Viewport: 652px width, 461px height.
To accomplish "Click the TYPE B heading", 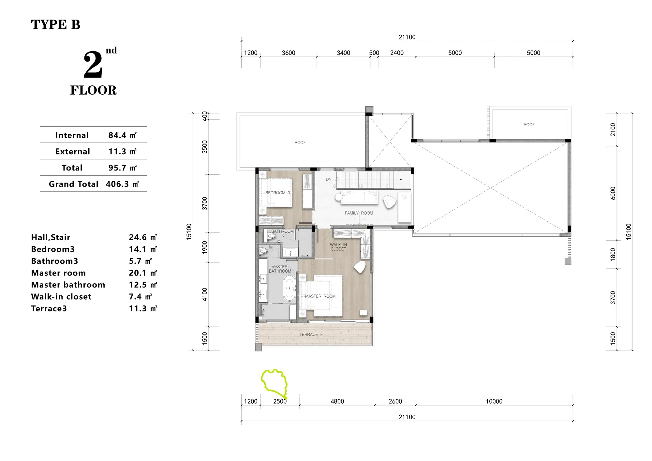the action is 56,25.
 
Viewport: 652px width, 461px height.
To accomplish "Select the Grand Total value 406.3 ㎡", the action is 123,184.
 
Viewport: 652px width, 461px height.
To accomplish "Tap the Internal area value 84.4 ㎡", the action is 123,135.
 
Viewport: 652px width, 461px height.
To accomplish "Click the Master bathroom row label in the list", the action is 68,285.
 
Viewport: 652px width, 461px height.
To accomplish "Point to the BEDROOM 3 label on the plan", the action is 277,193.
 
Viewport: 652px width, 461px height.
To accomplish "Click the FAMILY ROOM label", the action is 359,213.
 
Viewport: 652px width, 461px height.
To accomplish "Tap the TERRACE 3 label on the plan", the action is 311,335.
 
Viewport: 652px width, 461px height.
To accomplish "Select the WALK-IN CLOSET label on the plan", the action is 338,247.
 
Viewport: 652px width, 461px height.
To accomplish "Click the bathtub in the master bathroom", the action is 289,288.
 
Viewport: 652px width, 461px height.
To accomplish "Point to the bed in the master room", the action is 321,295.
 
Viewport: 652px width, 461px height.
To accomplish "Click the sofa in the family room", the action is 359,198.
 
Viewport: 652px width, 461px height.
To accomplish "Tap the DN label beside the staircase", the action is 329,179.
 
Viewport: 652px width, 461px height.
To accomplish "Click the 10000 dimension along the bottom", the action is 494,401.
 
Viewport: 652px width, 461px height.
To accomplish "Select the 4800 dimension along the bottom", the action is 337,401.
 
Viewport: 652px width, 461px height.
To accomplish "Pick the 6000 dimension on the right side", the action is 613,193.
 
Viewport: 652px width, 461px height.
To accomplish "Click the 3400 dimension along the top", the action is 343,53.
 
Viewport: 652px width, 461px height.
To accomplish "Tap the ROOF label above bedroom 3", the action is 300,142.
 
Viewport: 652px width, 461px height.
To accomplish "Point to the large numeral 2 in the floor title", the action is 93,65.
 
